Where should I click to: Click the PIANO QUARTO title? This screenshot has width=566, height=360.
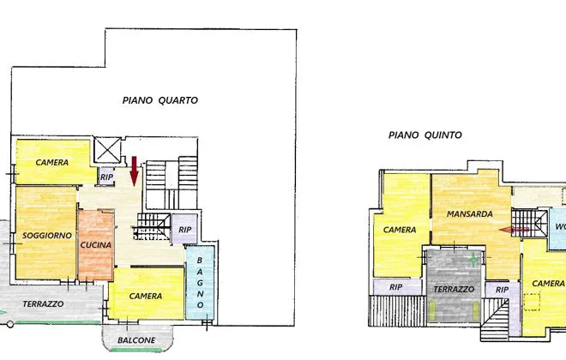point(160,100)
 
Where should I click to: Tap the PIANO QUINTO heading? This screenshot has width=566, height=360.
point(424,135)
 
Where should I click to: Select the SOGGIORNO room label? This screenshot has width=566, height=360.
point(47,236)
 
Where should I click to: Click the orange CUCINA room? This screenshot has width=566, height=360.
point(96,245)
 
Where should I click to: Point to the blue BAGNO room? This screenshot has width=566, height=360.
point(200,283)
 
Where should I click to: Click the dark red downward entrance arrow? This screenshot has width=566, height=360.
point(135,171)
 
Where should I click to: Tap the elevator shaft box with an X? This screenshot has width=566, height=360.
point(107,150)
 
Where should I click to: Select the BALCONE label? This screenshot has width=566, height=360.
point(136,340)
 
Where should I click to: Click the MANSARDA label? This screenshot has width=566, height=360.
point(470,214)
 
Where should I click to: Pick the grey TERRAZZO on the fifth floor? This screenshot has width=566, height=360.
point(455,285)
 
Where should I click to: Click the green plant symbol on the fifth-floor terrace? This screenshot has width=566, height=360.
point(473,260)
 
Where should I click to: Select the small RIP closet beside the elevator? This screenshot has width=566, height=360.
point(106,177)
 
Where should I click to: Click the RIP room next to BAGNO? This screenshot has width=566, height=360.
point(184,230)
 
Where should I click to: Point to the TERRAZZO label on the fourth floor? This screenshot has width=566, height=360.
point(44,304)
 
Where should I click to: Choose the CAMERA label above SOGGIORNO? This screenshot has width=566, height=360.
point(52,163)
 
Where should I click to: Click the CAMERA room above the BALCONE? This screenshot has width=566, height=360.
point(147,294)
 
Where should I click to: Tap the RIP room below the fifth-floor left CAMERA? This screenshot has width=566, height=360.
point(397,287)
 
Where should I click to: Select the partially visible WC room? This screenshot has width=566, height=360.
point(557,229)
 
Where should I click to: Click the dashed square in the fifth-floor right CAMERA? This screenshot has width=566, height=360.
point(532,302)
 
